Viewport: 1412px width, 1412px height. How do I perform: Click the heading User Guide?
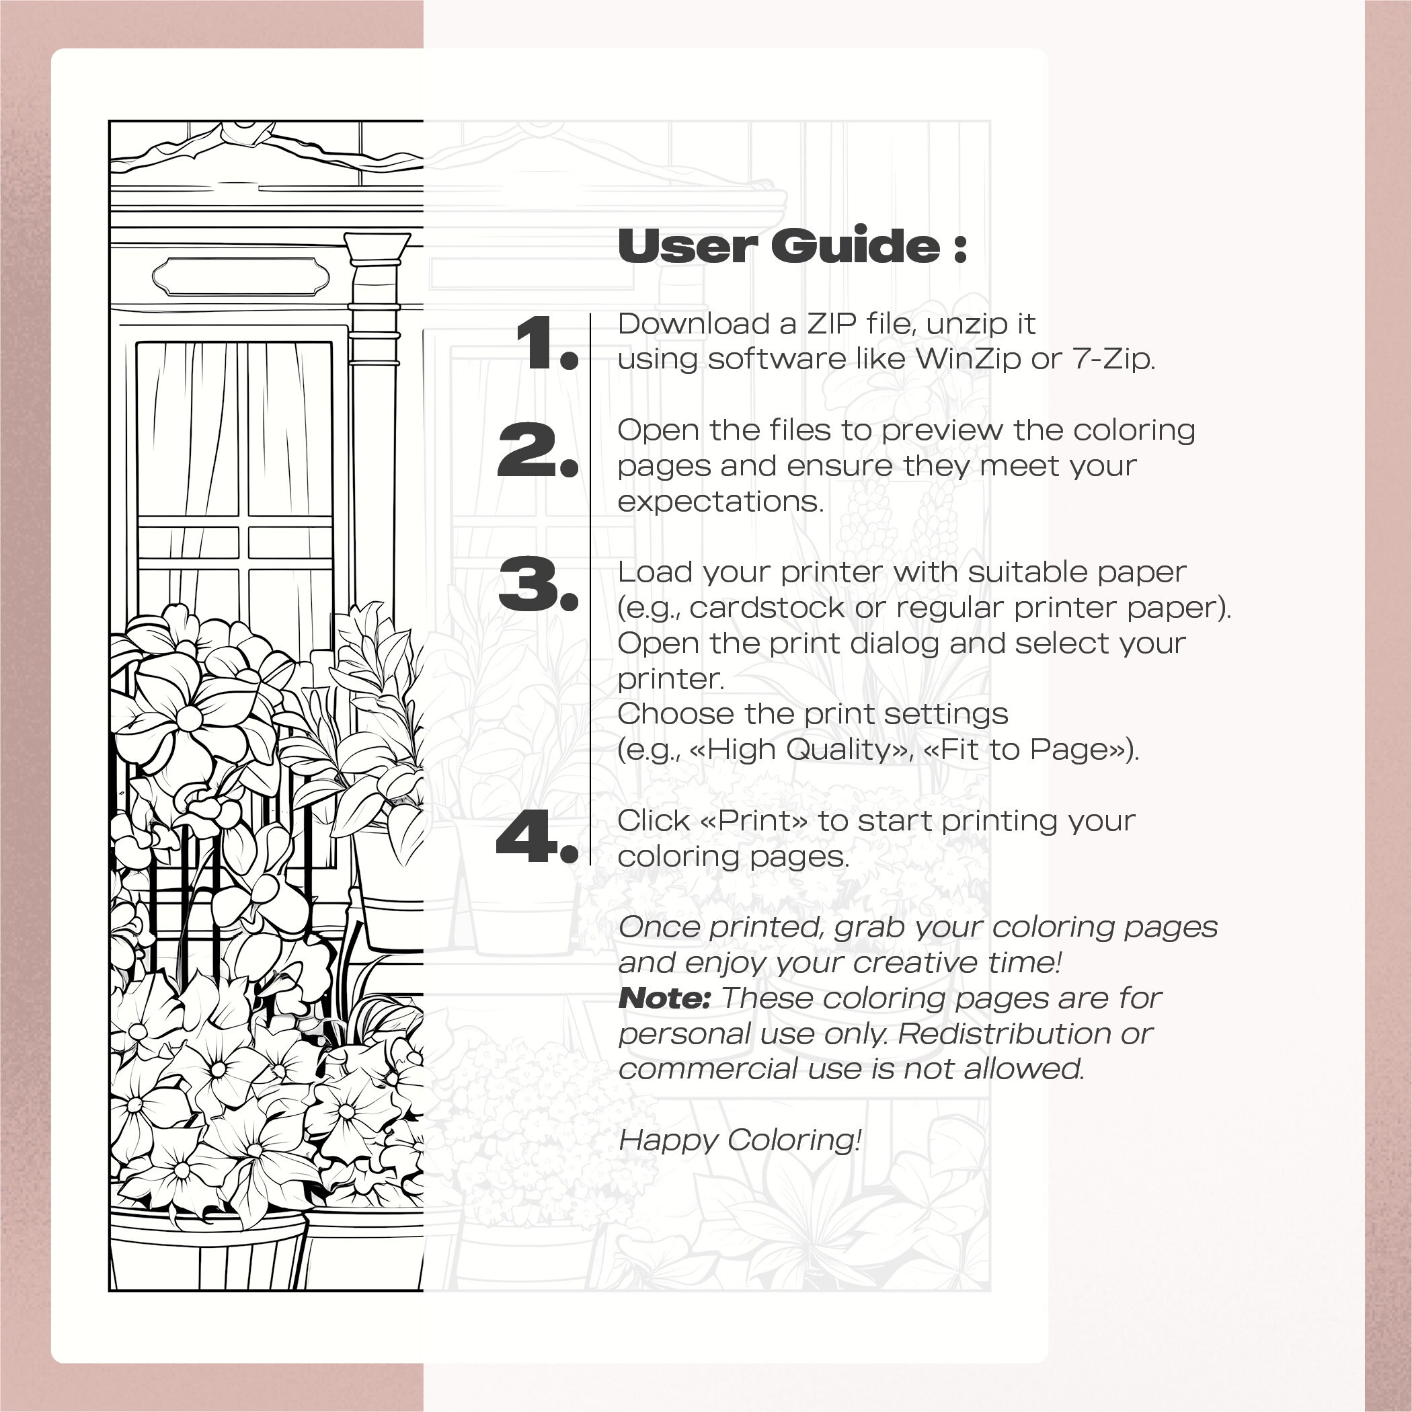(x=791, y=245)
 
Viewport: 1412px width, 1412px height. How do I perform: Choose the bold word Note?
(x=664, y=998)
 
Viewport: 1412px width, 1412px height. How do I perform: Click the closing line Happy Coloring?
(x=740, y=1140)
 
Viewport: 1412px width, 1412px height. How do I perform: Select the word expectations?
(x=720, y=502)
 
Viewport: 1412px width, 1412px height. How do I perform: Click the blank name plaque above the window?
(x=241, y=276)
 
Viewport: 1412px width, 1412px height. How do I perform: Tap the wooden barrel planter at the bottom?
(x=208, y=1250)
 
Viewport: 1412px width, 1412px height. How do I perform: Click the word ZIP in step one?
(x=830, y=324)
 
